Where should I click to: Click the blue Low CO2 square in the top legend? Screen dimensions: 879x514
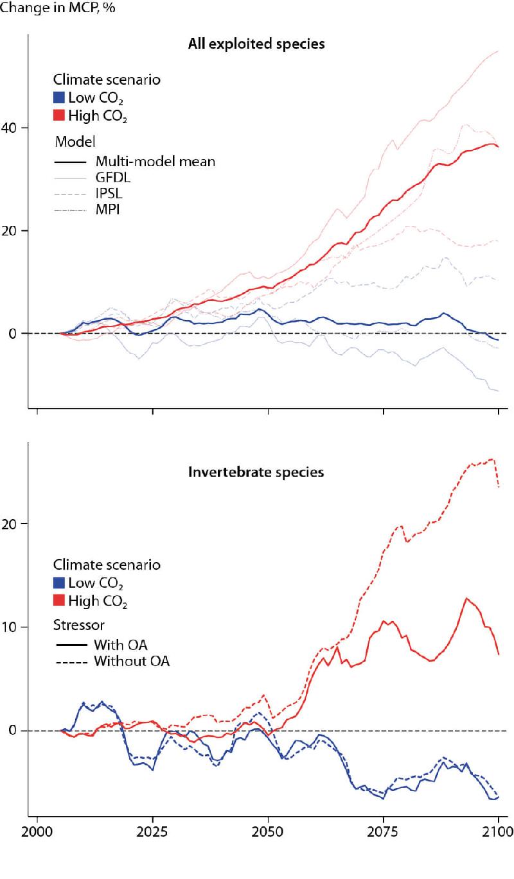(x=59, y=98)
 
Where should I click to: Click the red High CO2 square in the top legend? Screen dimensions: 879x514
(x=59, y=116)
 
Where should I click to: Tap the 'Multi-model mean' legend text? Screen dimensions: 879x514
(x=154, y=161)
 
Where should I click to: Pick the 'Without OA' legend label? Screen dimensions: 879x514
(x=131, y=660)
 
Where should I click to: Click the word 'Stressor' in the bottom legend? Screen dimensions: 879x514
(x=78, y=625)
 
